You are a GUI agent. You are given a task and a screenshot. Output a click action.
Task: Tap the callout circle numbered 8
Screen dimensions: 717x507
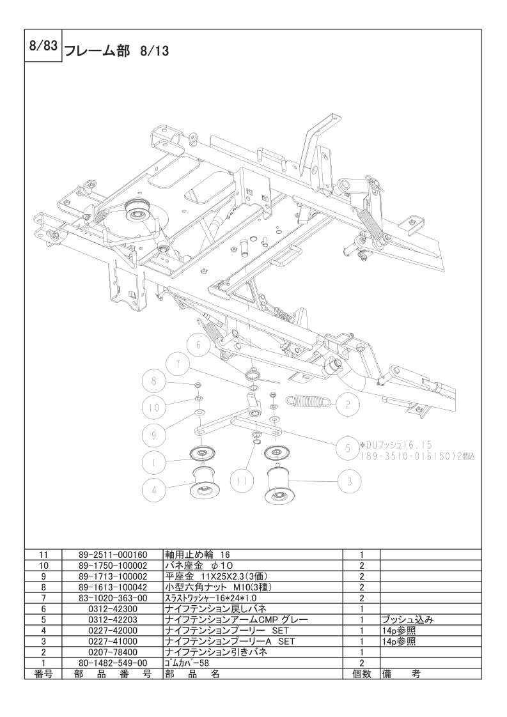(x=154, y=382)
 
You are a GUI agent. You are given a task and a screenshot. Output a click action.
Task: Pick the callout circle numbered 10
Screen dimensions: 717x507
(x=154, y=406)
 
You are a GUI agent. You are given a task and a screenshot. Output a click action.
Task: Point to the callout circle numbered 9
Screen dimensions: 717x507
(x=154, y=435)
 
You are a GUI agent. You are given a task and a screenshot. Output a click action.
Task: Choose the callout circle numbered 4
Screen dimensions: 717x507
(x=154, y=490)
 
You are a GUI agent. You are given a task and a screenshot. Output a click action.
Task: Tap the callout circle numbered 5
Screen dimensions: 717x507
(x=347, y=448)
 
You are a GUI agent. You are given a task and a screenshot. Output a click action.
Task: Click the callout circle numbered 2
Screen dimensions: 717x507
(x=347, y=404)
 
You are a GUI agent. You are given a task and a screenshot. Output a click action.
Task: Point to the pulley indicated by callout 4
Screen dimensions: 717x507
(x=204, y=484)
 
